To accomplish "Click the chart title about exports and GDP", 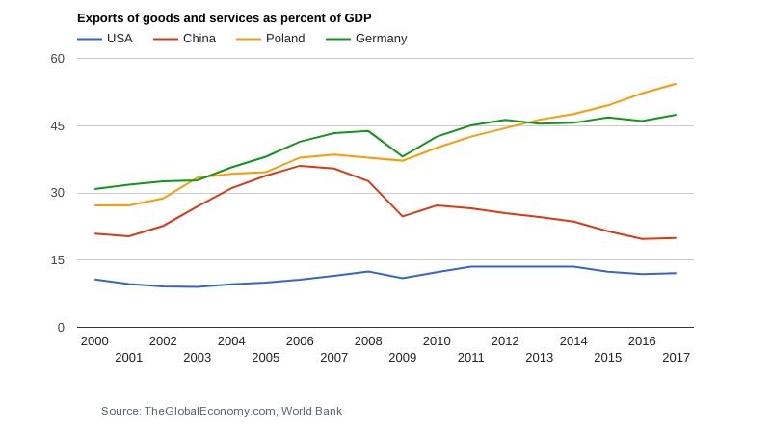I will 224,18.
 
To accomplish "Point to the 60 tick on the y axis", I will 57,58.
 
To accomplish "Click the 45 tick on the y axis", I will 57,125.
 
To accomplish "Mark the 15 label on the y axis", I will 57,260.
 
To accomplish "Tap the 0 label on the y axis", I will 61,328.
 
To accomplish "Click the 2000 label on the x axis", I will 94,341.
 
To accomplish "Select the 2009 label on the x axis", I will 402,358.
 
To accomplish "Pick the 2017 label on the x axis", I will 676,358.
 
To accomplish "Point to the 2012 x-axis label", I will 505,341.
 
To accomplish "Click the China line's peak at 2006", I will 300,166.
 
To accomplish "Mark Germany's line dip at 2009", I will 402,156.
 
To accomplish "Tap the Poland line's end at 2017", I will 676,84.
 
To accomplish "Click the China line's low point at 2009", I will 402,216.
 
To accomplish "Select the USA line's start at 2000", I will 94,280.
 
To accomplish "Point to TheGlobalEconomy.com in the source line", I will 209,411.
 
